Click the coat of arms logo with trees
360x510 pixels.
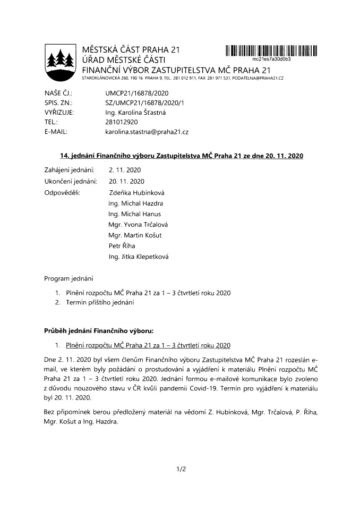(59, 62)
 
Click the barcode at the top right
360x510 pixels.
(271, 51)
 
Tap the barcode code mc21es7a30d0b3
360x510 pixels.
(271, 59)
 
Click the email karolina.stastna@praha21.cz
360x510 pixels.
(147, 131)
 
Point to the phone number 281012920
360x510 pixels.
(122, 121)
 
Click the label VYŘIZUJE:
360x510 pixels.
(59, 112)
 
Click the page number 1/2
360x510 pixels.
(180, 469)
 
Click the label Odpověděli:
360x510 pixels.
(62, 192)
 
